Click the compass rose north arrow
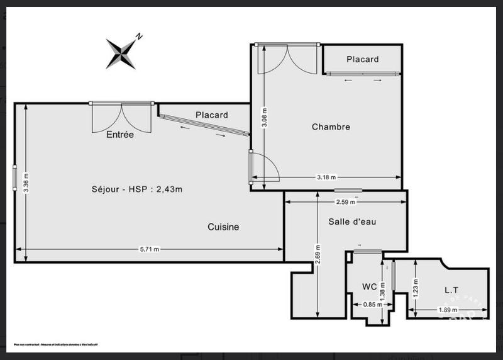pos(122,52)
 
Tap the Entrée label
pos(119,134)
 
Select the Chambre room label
pos(331,127)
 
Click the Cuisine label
pos(223,227)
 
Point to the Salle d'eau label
pos(352,222)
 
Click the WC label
pos(369,286)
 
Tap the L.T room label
pos(451,290)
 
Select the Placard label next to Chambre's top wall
pos(363,59)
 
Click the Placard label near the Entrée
pos(211,115)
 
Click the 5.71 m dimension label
pos(149,249)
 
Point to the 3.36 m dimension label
pos(25,183)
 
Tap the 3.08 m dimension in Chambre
pos(265,117)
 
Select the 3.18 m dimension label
pos(326,177)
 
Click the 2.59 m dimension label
pos(345,202)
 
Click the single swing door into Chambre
pos(264,167)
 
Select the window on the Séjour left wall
pos(14,177)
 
